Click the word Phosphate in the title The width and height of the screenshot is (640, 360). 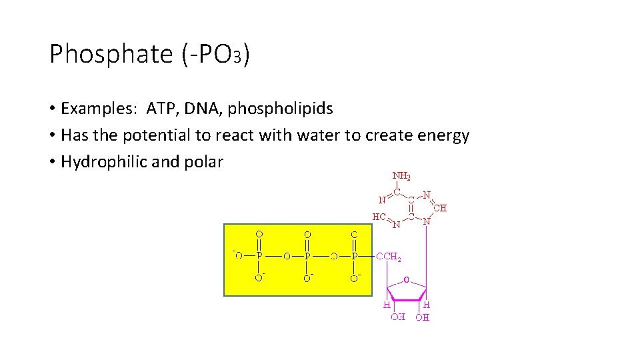(111, 55)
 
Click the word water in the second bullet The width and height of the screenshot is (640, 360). (313, 135)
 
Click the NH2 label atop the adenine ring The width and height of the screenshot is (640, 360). (401, 177)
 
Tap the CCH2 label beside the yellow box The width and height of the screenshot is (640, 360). (389, 256)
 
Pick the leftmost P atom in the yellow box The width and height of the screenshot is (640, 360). (259, 255)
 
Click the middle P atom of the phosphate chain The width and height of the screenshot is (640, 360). (307, 255)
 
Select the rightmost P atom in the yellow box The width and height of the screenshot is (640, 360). (355, 255)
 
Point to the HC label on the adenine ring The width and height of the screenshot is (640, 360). (379, 217)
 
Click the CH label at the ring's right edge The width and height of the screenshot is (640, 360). (440, 208)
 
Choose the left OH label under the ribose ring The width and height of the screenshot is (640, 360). (397, 317)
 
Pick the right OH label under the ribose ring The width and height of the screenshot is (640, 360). (423, 317)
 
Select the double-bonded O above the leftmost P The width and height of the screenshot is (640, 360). (259, 234)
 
